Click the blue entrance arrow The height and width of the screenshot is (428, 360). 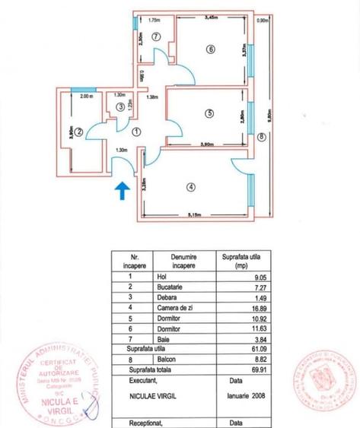120,189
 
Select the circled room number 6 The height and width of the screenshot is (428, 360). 210,50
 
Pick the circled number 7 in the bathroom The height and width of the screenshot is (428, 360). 155,36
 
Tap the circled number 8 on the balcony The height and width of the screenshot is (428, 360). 261,137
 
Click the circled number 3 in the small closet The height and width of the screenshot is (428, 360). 120,107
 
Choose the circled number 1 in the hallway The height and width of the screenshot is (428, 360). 136,131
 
